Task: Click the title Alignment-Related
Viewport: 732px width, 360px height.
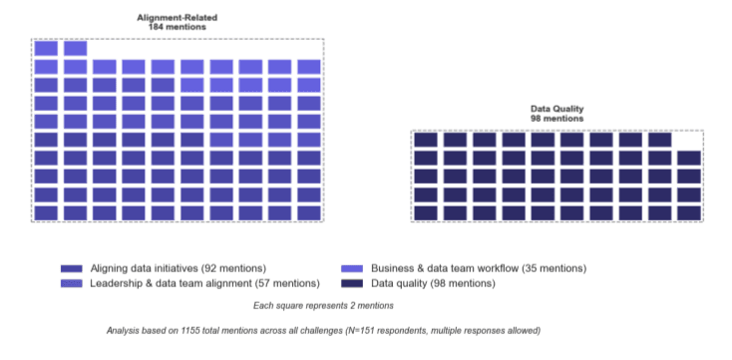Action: pos(179,18)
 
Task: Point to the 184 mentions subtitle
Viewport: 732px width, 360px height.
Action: pos(179,27)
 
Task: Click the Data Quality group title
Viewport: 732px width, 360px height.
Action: pos(556,108)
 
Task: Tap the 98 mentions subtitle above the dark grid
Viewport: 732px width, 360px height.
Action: pos(556,118)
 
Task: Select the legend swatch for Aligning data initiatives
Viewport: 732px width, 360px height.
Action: pos(71,269)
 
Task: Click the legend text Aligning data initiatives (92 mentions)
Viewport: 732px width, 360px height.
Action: pos(179,269)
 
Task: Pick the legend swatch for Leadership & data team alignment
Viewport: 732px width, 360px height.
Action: pos(71,284)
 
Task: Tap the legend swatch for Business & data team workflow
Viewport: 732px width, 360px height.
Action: pos(351,269)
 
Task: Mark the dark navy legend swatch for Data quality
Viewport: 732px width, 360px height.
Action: pos(351,284)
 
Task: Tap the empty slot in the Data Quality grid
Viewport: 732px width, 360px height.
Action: pos(689,141)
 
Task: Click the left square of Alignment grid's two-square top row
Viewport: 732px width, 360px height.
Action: pos(46,48)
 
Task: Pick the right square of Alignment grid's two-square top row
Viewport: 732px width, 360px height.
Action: pos(76,48)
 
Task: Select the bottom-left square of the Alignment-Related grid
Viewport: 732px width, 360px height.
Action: pos(46,212)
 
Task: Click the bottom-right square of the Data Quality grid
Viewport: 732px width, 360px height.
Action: pos(689,212)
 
